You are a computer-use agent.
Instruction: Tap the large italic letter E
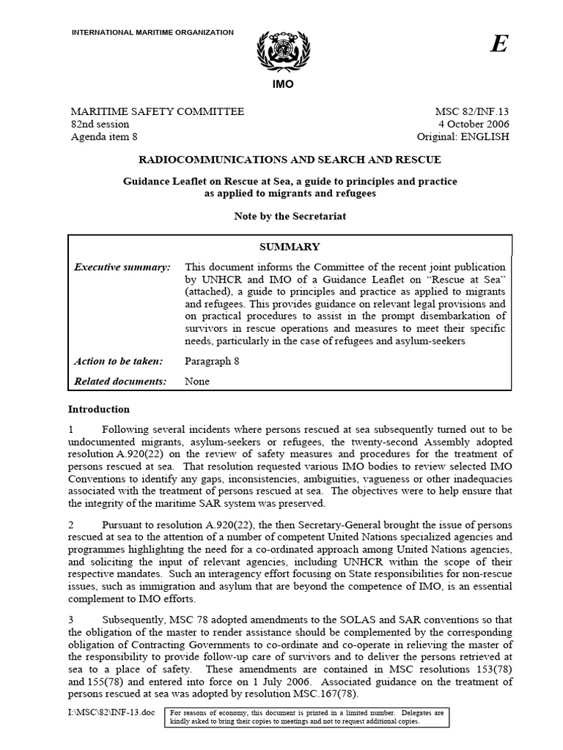[x=498, y=45]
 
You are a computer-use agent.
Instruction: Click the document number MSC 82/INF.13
[x=471, y=111]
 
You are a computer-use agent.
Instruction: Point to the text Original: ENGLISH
[x=462, y=136]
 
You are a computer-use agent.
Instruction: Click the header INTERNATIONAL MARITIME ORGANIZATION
[x=152, y=32]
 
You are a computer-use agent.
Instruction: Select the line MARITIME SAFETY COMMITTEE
[x=157, y=111]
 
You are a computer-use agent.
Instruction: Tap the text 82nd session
[x=99, y=124]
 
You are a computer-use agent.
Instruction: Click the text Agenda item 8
[x=103, y=136]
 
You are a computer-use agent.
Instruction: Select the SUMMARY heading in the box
[x=290, y=247]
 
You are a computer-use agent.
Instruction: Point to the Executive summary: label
[x=122, y=267]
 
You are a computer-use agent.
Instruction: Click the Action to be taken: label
[x=121, y=361]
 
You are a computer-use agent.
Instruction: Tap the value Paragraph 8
[x=212, y=361]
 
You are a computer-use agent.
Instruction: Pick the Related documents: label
[x=121, y=381]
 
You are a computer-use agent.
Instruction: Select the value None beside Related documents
[x=197, y=381]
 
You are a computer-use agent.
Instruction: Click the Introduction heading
[x=99, y=409]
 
